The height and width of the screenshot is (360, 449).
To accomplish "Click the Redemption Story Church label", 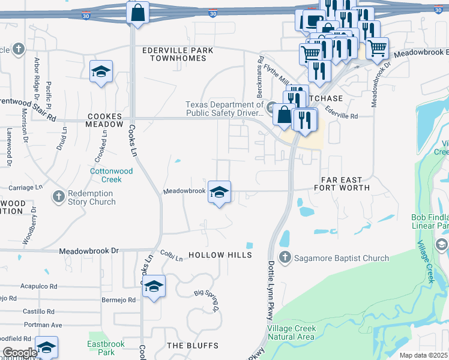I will (x=91, y=197).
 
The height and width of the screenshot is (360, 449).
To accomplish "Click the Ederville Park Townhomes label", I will (x=174, y=54).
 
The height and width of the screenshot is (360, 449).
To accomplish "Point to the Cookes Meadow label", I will (x=104, y=120).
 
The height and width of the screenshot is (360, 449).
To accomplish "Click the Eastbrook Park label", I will (x=100, y=347).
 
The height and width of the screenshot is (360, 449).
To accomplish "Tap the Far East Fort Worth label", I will (x=342, y=184).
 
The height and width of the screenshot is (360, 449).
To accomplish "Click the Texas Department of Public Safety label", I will (x=224, y=108).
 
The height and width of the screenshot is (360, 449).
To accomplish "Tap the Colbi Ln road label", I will (x=171, y=256).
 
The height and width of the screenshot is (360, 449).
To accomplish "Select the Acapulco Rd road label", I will (x=38, y=286).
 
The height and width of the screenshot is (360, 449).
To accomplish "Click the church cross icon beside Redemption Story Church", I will (x=58, y=196).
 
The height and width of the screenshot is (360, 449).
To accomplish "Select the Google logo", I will (x=20, y=352).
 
